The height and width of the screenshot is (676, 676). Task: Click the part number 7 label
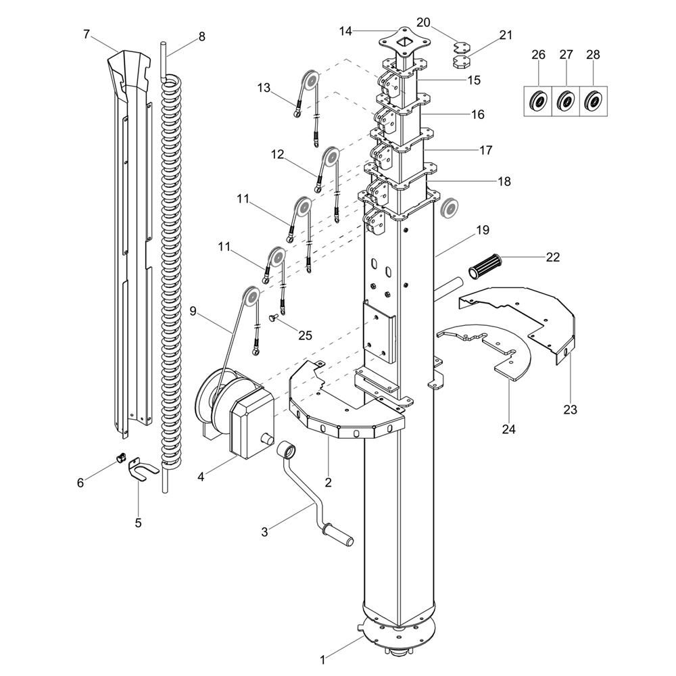[x=86, y=34]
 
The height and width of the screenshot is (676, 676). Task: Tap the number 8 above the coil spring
[x=201, y=37]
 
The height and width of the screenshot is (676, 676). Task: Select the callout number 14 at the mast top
[x=346, y=30]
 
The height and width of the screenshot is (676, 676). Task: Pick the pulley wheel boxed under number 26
[x=539, y=101]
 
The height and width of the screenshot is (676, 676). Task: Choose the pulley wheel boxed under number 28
[x=594, y=101]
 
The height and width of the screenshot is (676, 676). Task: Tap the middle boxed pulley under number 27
[x=566, y=101]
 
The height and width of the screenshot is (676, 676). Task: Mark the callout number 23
[x=570, y=409]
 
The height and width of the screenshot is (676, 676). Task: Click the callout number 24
[x=508, y=429]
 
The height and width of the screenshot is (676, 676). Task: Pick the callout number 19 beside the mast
[x=482, y=231]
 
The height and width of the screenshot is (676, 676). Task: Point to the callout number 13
[x=264, y=87]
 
